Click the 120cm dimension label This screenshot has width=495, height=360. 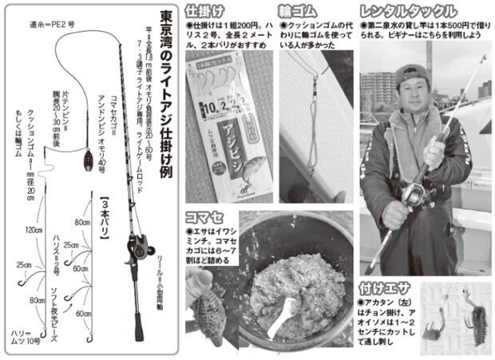coord(33,230)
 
